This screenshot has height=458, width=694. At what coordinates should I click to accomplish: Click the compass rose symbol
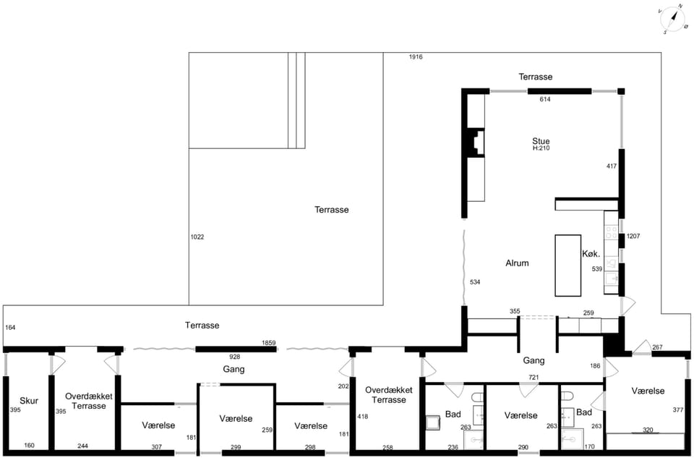pyautogui.click(x=673, y=19)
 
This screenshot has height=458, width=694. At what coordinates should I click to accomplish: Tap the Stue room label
pyautogui.click(x=541, y=141)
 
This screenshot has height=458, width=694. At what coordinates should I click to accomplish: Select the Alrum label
pyautogui.click(x=517, y=263)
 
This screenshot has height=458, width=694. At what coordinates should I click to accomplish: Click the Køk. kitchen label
pyautogui.click(x=591, y=254)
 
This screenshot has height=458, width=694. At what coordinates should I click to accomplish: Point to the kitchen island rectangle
pyautogui.click(x=568, y=266)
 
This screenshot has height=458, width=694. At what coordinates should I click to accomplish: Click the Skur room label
pyautogui.click(x=29, y=401)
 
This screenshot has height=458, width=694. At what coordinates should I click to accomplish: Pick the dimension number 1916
pyautogui.click(x=416, y=56)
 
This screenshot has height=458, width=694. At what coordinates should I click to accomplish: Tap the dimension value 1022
pyautogui.click(x=197, y=237)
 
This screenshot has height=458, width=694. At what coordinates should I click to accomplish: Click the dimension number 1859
pyautogui.click(x=269, y=343)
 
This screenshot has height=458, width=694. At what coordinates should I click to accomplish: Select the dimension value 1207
pyautogui.click(x=633, y=236)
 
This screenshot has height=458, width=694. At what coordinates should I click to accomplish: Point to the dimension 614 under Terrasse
pyautogui.click(x=545, y=99)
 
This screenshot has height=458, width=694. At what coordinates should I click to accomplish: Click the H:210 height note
pyautogui.click(x=541, y=148)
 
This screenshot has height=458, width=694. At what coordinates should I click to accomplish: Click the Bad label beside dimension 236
pyautogui.click(x=453, y=414)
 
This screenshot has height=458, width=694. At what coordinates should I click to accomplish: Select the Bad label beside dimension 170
pyautogui.click(x=584, y=412)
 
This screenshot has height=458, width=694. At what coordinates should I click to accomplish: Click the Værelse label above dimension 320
pyautogui.click(x=648, y=391)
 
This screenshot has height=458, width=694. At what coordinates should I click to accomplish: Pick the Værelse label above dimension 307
pyautogui.click(x=158, y=425)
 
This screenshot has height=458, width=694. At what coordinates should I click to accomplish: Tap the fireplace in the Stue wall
pyautogui.click(x=474, y=143)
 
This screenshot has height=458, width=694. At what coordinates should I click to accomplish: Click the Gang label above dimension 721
pyautogui.click(x=534, y=360)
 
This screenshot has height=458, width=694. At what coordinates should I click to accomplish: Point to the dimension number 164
pyautogui.click(x=10, y=327)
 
